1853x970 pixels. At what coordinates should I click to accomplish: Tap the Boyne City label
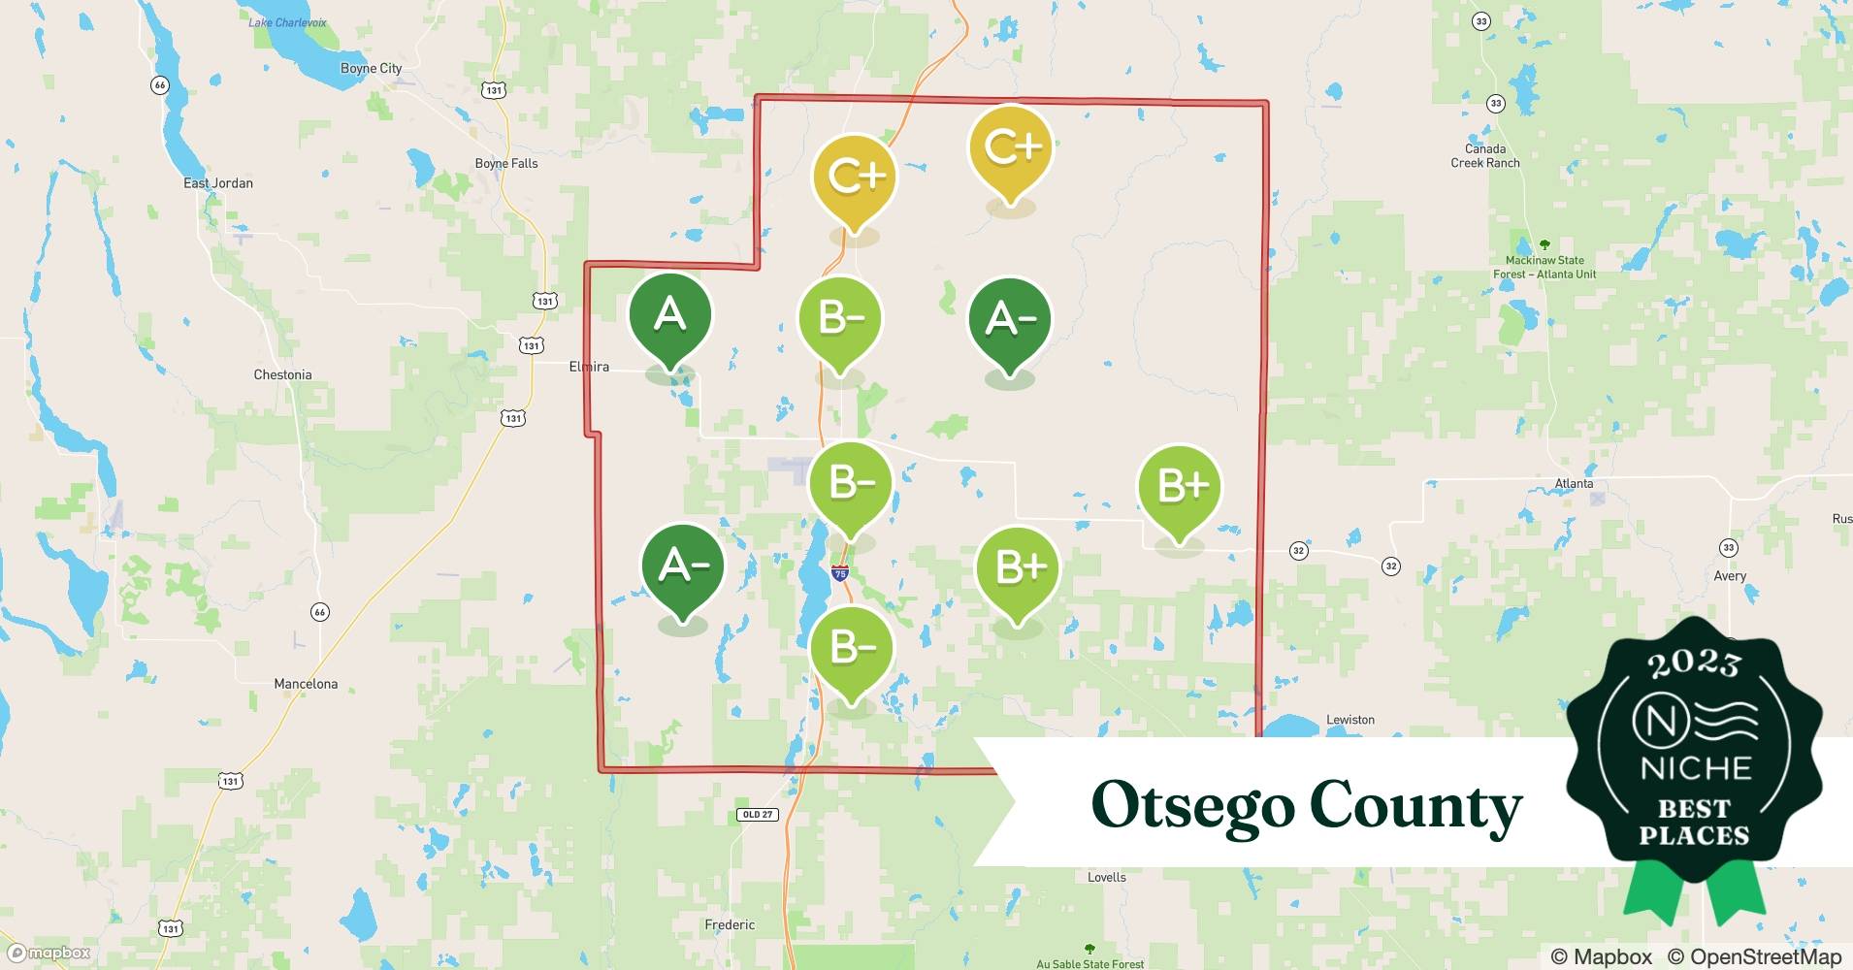[371, 68]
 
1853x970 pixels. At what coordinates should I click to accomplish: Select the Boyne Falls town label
[505, 163]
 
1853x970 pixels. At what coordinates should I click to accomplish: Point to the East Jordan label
[218, 182]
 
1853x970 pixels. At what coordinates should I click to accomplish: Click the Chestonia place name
[282, 374]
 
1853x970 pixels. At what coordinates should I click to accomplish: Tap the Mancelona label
[306, 684]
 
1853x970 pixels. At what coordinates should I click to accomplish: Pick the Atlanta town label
[1573, 483]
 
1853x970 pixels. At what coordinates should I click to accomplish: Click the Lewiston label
[1349, 720]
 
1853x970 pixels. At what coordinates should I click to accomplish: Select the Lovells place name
[1106, 877]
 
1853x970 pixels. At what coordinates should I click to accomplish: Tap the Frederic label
[730, 924]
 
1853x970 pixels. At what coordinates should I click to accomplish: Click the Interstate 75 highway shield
[840, 573]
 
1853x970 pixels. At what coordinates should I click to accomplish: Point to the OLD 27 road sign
[758, 814]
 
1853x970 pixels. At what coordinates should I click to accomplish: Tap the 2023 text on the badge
[1694, 663]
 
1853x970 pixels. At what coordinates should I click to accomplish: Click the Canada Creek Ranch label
[1485, 155]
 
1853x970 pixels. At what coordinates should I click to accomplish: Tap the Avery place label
[1729, 575]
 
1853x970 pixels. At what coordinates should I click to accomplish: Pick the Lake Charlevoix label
[287, 22]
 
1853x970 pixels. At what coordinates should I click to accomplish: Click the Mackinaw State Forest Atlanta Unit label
[1544, 267]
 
